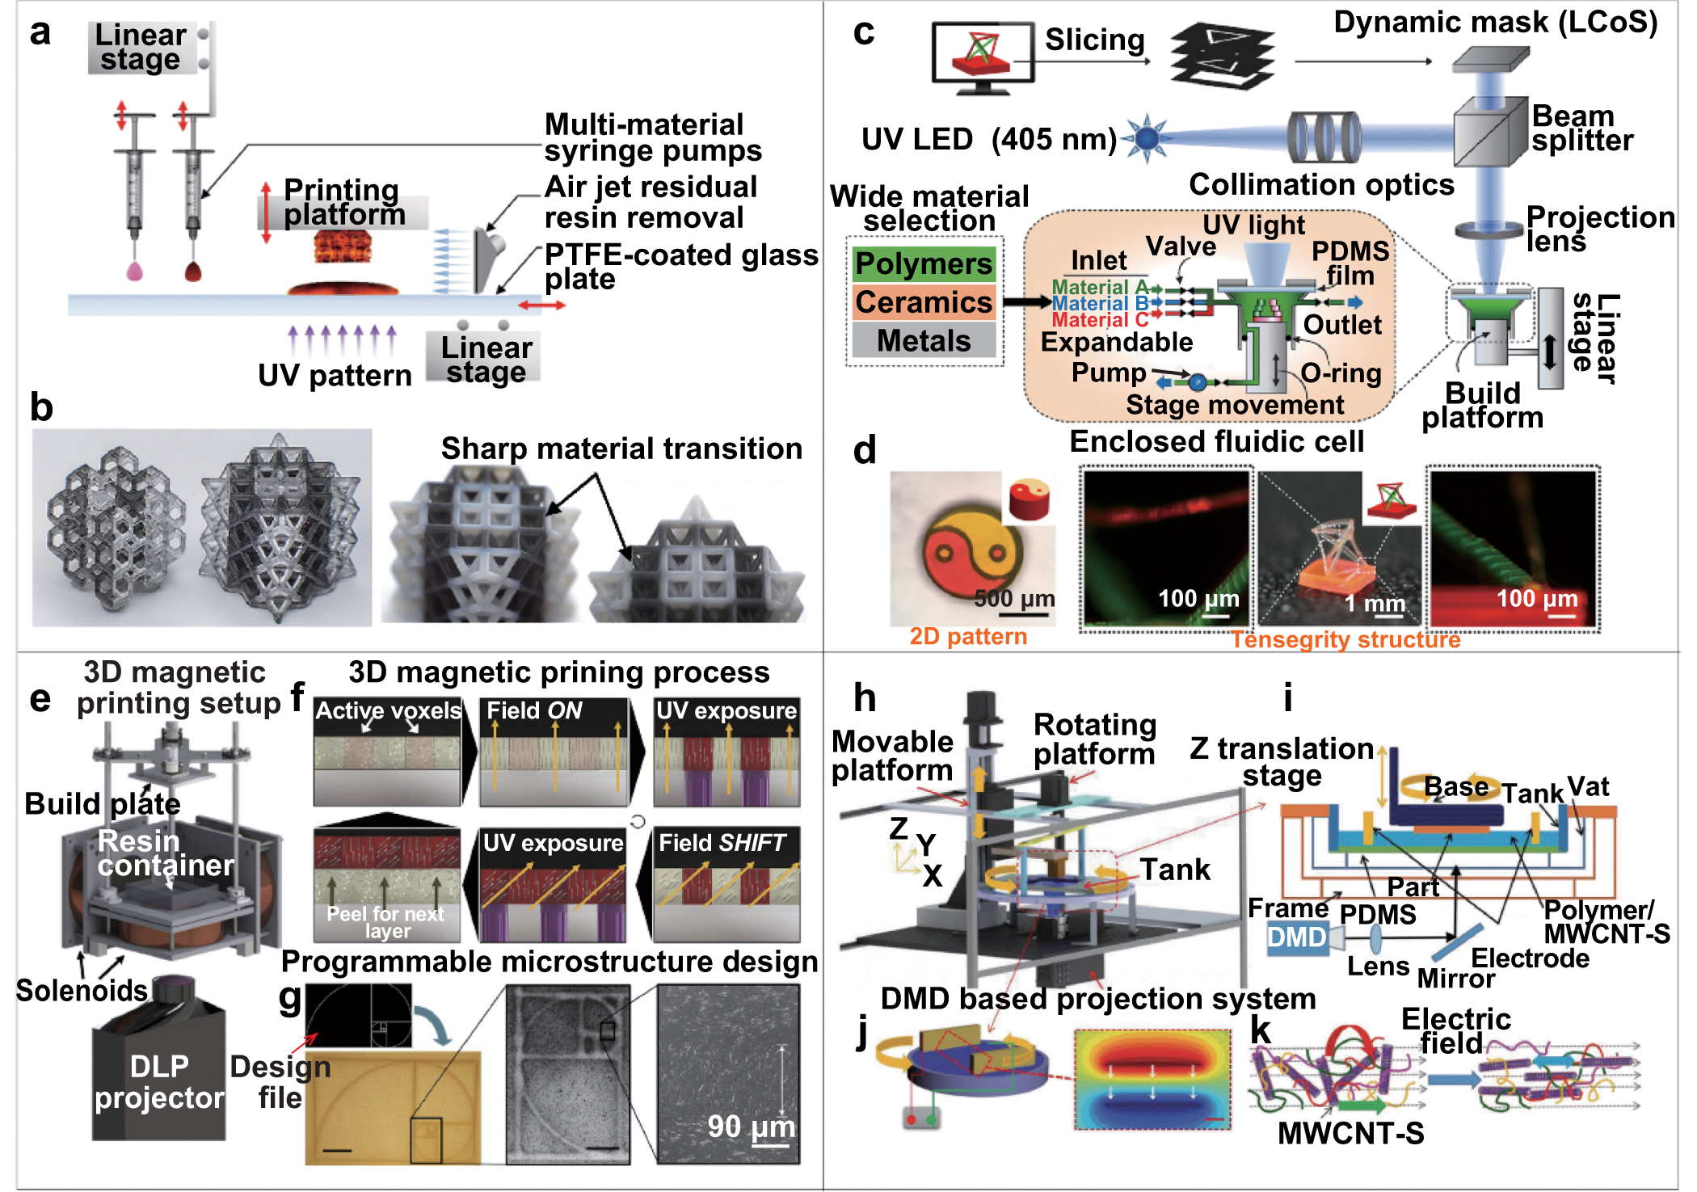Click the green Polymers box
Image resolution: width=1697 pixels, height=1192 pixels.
tap(924, 263)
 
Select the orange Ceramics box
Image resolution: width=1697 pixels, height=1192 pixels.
tap(924, 302)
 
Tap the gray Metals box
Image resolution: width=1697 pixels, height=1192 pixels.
tap(924, 340)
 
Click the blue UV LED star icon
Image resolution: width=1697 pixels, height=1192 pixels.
tap(1146, 138)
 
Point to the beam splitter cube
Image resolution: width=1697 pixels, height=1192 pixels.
tap(1490, 133)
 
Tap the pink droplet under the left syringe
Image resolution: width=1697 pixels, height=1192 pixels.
tap(135, 271)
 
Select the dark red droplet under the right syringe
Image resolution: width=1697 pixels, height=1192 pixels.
tap(192, 272)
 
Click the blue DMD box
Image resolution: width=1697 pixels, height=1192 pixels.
tap(1297, 937)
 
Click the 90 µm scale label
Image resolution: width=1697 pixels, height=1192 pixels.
tap(751, 1127)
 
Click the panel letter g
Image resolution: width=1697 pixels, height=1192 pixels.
tap(289, 999)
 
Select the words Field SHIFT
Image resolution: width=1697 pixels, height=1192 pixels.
tap(722, 843)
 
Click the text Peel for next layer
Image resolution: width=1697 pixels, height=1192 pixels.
tap(385, 922)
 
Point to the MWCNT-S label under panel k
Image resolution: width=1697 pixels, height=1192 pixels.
tap(1350, 1133)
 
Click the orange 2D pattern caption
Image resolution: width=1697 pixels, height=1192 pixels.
tap(967, 637)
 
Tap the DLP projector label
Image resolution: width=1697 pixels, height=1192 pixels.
tap(159, 1082)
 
